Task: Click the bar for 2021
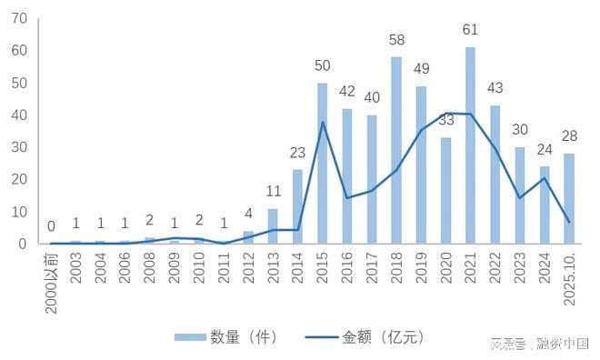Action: [470, 145]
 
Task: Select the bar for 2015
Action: [322, 164]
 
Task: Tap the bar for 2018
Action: [396, 150]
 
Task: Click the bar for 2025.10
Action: [569, 198]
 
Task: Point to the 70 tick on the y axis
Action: [20, 19]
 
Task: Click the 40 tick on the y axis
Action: [20, 115]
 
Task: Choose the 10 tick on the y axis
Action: [20, 212]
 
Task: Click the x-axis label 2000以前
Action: [52, 278]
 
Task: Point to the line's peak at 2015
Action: [322, 122]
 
